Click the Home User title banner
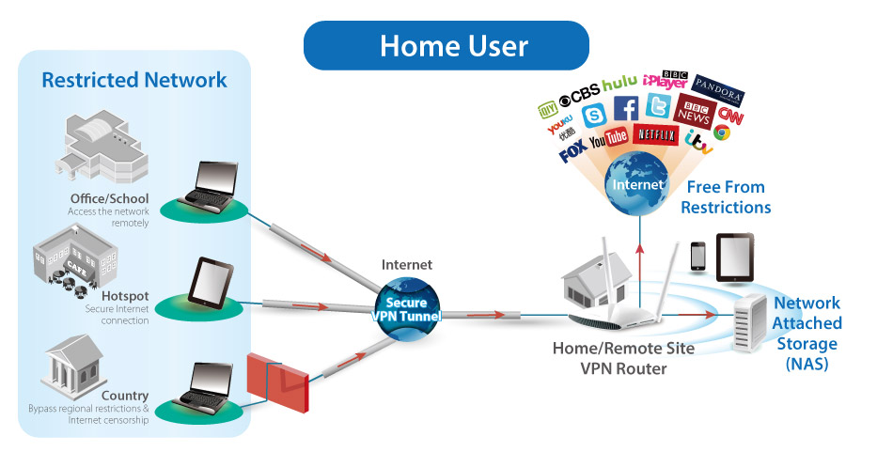(x=446, y=45)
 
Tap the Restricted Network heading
(x=134, y=80)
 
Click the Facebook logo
(x=626, y=109)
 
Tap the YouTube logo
(x=608, y=139)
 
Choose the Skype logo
(x=593, y=116)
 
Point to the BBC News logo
(x=695, y=114)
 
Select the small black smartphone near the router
(x=697, y=257)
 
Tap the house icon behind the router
(x=587, y=281)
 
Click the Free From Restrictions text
(x=725, y=197)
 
